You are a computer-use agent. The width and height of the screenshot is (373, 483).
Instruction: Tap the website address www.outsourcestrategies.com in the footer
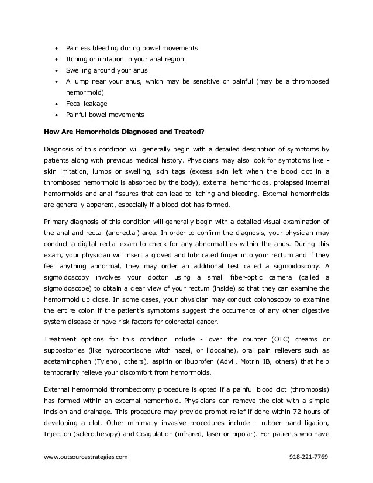point(85,456)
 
